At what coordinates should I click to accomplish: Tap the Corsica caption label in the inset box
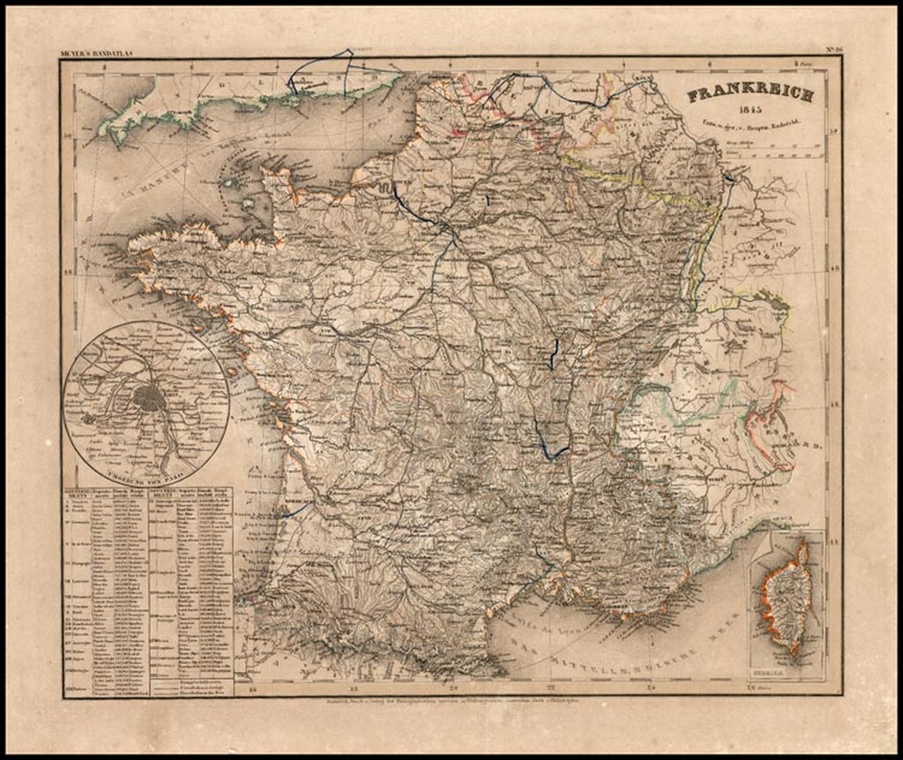(787, 671)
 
